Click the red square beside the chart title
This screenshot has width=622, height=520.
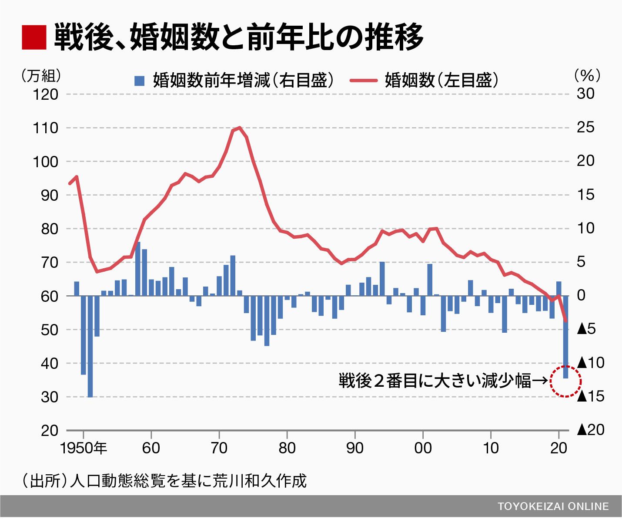[33, 37]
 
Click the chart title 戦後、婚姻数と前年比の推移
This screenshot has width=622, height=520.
[238, 37]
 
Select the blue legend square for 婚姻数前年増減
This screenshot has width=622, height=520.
[139, 81]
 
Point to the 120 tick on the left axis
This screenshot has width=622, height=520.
[45, 94]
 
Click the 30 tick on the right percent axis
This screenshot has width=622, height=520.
[585, 94]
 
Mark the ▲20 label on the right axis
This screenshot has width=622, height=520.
[591, 430]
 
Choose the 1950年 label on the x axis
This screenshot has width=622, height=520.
[84, 448]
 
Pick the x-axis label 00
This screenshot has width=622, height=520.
[423, 448]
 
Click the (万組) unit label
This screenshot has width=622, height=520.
[41, 76]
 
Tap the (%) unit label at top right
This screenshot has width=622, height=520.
[587, 75]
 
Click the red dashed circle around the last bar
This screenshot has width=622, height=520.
[565, 381]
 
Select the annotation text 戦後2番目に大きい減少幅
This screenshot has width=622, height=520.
[435, 381]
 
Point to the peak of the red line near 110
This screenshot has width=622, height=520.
[239, 128]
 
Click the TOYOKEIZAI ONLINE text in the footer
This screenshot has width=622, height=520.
[553, 506]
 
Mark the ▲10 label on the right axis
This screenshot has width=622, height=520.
[591, 362]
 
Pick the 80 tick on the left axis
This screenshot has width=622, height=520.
[49, 229]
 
